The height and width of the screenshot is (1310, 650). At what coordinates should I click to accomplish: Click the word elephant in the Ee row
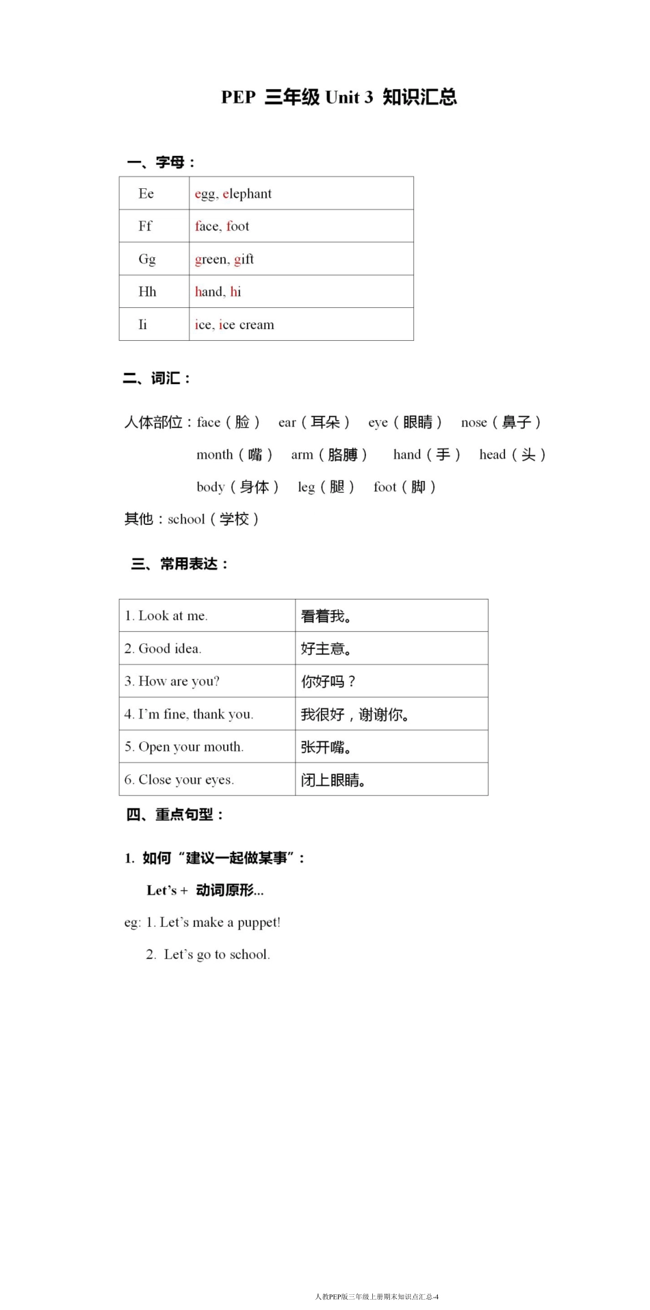247,194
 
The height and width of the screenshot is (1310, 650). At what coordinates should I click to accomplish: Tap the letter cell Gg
147,259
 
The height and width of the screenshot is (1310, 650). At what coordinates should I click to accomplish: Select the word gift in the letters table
244,259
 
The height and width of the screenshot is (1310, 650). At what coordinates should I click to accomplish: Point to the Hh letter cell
147,292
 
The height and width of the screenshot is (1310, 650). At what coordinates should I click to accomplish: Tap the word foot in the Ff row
238,226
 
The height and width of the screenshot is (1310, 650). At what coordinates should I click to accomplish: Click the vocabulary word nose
474,422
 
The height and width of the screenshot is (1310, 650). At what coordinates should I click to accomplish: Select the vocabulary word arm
302,454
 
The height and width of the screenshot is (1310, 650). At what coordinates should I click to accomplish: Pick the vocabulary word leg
306,487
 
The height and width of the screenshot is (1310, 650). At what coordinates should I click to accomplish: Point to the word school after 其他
186,519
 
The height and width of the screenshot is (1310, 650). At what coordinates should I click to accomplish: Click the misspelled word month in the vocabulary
215,454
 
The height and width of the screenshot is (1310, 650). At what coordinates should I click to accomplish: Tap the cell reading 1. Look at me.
166,615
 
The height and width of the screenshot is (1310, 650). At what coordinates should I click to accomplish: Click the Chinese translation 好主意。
326,648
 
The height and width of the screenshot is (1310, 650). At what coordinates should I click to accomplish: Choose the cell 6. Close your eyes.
179,780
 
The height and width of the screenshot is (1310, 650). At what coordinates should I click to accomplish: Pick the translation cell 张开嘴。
326,747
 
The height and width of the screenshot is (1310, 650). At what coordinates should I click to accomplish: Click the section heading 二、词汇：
157,378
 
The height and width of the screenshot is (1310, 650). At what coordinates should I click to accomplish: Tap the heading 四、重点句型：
175,814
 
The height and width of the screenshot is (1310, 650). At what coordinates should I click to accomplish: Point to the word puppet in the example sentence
259,922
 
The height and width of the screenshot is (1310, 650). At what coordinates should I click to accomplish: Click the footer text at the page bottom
376,1296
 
